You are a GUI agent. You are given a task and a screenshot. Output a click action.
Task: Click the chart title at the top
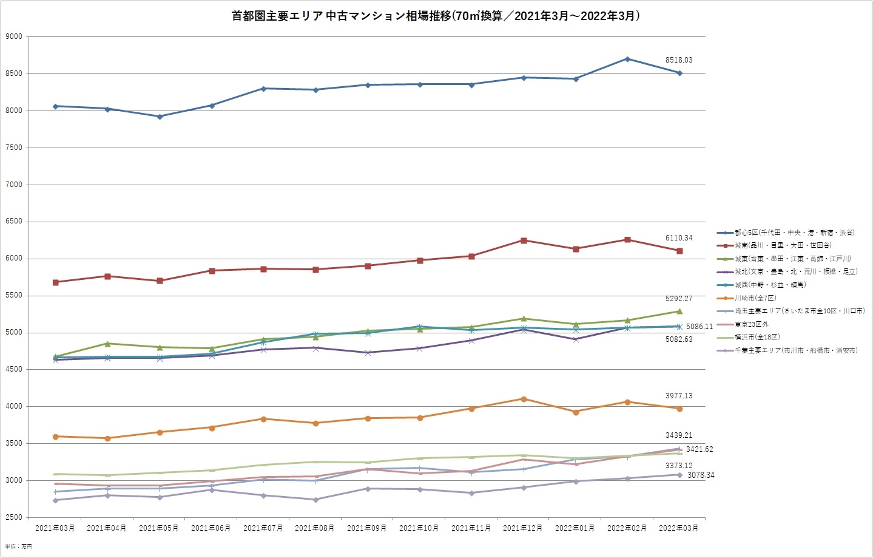pyautogui.click(x=436, y=16)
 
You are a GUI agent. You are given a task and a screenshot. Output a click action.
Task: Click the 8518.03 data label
pyautogui.click(x=678, y=60)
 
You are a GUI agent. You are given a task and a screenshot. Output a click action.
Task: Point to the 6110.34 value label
pyautogui.click(x=678, y=238)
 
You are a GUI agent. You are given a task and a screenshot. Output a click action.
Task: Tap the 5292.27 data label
pyautogui.click(x=678, y=299)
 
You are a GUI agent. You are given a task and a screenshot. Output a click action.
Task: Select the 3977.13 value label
pyautogui.click(x=678, y=396)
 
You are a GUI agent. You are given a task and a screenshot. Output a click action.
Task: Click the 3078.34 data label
pyautogui.click(x=701, y=475)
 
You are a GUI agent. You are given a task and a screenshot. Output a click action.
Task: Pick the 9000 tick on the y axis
pyautogui.click(x=14, y=36)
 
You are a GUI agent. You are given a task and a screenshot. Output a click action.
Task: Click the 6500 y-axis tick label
pyautogui.click(x=14, y=222)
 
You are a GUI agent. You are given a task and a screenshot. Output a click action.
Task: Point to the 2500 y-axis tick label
pyautogui.click(x=14, y=517)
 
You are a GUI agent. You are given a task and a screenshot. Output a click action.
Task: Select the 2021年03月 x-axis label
pyautogui.click(x=55, y=528)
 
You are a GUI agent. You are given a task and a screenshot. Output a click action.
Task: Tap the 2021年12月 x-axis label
pyautogui.click(x=522, y=528)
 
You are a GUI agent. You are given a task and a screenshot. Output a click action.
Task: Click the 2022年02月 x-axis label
pyautogui.click(x=627, y=528)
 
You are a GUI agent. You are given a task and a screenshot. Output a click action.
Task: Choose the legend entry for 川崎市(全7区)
pyautogui.click(x=755, y=298)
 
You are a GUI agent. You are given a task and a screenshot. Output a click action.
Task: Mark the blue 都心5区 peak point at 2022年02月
pyautogui.click(x=627, y=59)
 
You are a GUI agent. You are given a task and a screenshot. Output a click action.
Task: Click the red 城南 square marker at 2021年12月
pyautogui.click(x=524, y=240)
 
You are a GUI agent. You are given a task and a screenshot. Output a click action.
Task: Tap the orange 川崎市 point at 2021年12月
pyautogui.click(x=524, y=399)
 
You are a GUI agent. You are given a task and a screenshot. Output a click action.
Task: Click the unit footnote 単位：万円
pyautogui.click(x=18, y=546)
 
